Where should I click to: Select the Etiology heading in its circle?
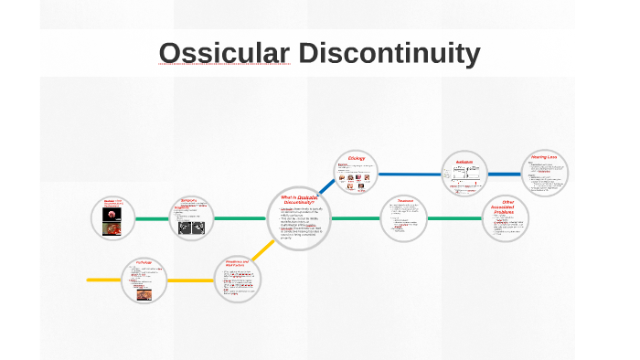click(x=357, y=158)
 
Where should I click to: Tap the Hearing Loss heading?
click(x=549, y=157)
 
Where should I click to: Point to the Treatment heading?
click(x=405, y=201)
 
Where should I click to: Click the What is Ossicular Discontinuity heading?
click(x=301, y=201)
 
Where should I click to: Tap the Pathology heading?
click(x=144, y=261)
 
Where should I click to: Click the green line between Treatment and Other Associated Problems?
click(x=455, y=219)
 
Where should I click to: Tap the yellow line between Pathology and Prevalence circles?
click(x=191, y=280)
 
